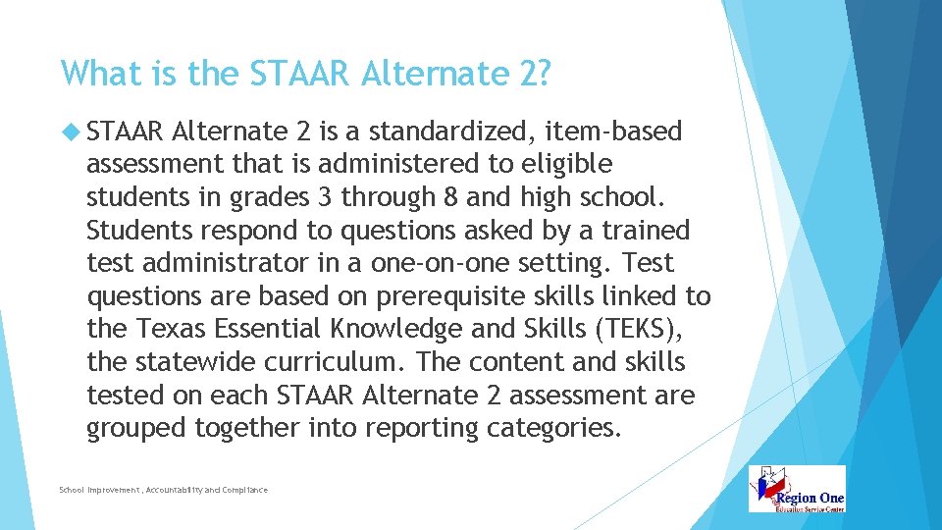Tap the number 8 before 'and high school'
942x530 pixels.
tap(451, 196)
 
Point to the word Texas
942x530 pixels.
tap(165, 330)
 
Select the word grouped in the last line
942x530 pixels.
tap(135, 429)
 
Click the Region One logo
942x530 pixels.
tap(797, 489)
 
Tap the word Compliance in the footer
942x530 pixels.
tap(244, 490)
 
